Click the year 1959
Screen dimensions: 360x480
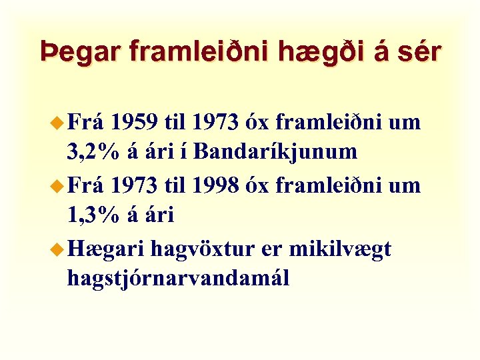pos(135,123)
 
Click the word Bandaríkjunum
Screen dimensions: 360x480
pos(277,153)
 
